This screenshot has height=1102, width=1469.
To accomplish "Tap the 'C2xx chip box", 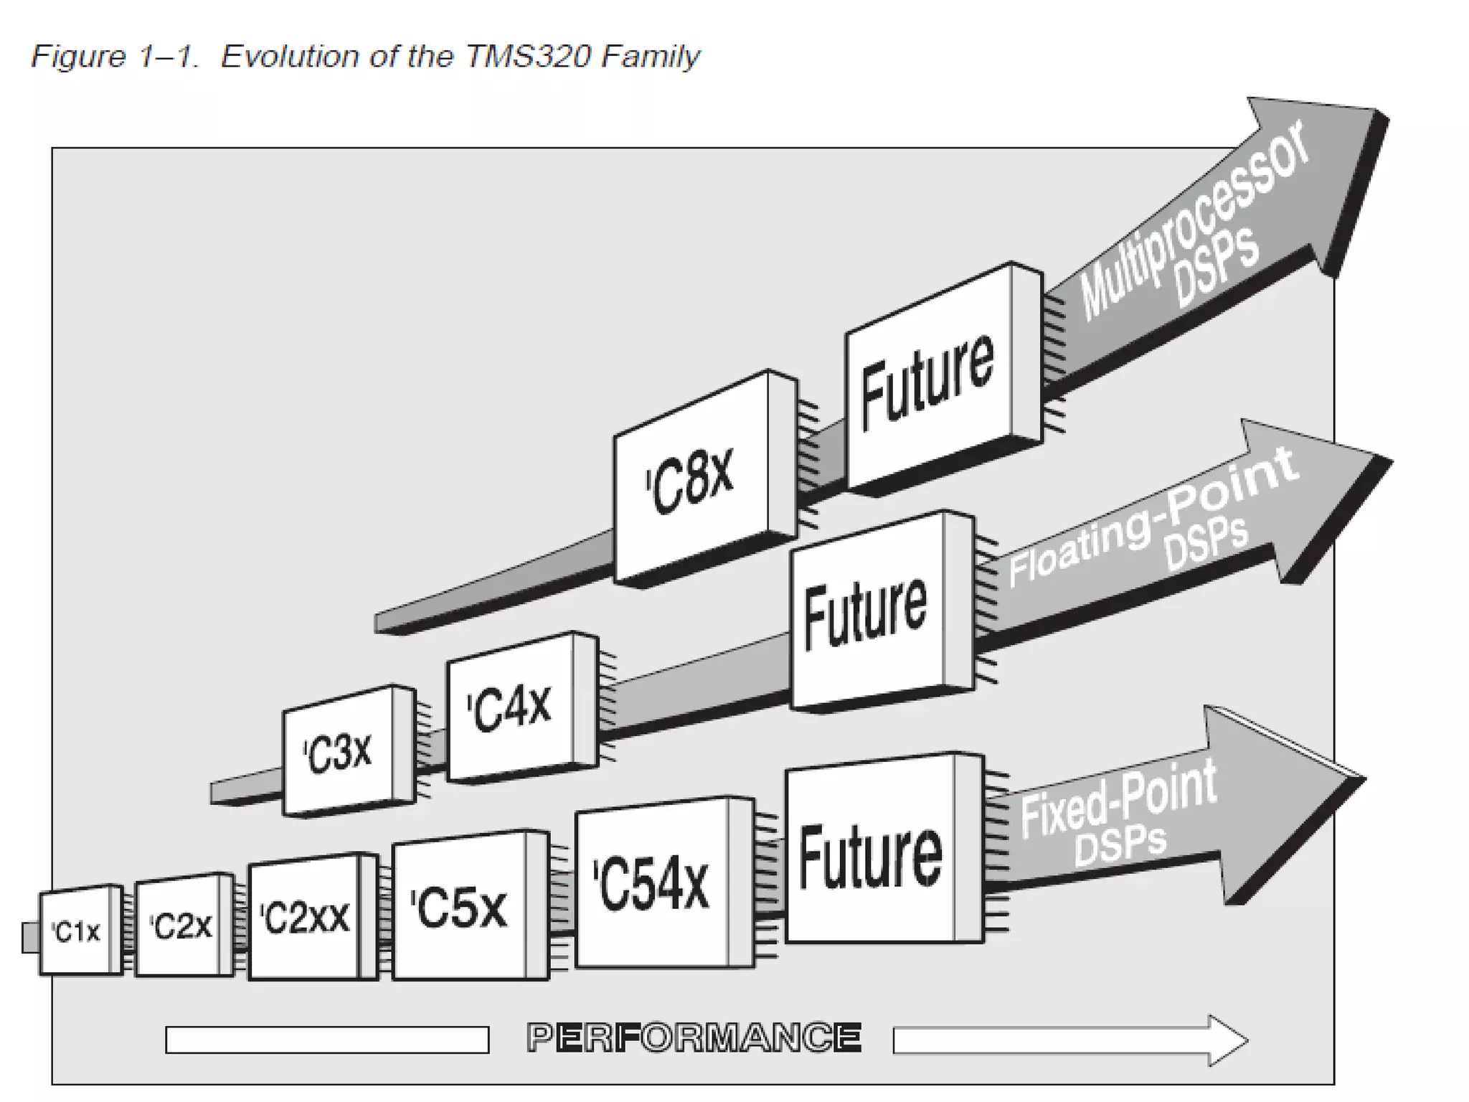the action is (304, 918).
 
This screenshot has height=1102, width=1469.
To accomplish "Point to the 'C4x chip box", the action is (511, 707).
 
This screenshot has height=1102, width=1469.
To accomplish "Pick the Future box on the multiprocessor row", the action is (928, 380).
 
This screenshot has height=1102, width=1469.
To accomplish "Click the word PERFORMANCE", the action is (693, 1038).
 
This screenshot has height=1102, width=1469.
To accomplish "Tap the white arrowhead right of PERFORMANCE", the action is (1227, 1040).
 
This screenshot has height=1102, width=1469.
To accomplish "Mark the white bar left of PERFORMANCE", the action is (327, 1040).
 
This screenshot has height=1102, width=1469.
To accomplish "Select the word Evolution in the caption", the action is (289, 56).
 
